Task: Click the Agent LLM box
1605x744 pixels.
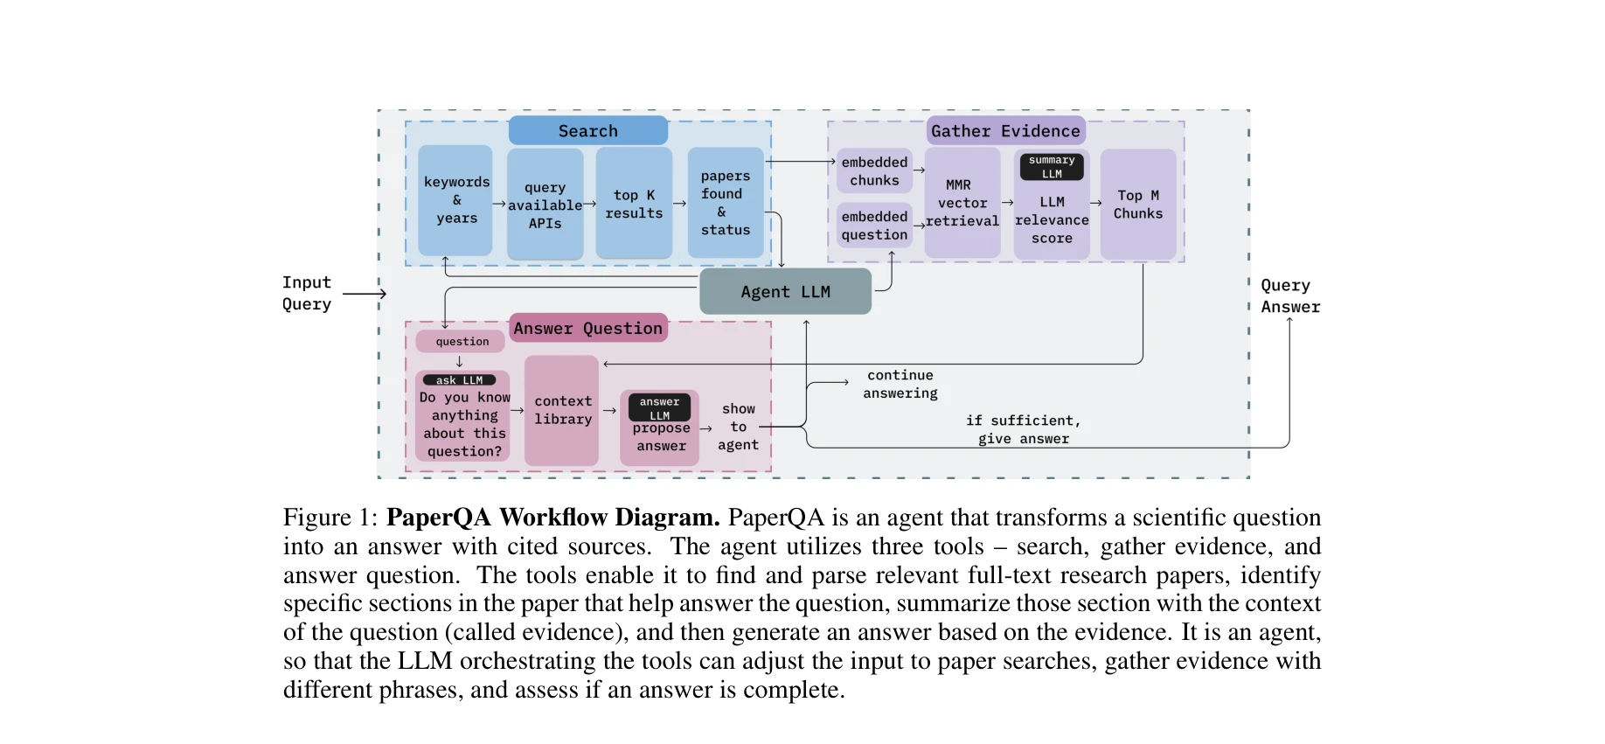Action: point(785,291)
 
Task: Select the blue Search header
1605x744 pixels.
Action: point(587,131)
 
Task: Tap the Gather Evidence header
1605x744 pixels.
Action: point(1005,131)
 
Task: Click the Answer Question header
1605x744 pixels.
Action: point(587,328)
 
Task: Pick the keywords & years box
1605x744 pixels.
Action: point(455,200)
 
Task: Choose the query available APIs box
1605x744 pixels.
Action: point(545,205)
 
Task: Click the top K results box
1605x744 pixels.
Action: point(634,204)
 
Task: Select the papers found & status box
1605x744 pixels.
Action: point(725,203)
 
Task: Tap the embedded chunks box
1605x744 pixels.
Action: point(874,171)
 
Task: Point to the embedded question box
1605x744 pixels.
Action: point(874,226)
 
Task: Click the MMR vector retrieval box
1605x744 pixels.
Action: point(962,204)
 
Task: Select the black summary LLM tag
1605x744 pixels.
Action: point(1052,167)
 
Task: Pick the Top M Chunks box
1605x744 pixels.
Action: point(1137,205)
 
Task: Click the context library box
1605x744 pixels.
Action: point(562,410)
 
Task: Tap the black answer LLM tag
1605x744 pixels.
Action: point(659,408)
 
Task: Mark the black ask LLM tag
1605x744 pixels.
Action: point(459,380)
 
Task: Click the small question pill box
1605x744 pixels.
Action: point(462,342)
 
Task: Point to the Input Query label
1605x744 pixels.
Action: point(306,293)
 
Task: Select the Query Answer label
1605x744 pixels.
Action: point(1289,296)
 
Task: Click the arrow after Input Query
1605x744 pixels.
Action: point(364,294)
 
